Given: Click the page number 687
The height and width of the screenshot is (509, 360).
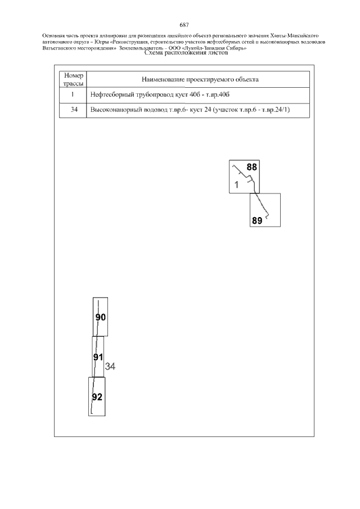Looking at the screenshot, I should click(183, 25).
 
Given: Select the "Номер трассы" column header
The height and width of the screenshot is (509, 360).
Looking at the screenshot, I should click(73, 79).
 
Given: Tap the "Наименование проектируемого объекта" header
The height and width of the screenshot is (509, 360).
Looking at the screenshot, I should click(200, 80).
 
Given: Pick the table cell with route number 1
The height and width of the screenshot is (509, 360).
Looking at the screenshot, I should click(73, 95).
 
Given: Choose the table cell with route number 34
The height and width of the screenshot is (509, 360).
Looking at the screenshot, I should click(73, 110).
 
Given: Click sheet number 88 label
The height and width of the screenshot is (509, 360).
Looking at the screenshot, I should click(252, 167).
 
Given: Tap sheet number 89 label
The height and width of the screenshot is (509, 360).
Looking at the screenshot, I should click(257, 221).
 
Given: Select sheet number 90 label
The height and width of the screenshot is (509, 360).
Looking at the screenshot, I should click(101, 317).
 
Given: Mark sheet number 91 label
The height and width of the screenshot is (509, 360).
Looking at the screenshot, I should click(98, 358).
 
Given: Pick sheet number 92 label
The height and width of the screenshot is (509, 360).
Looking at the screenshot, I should click(97, 397).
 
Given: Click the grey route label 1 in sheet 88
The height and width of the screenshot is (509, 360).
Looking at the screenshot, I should click(237, 184).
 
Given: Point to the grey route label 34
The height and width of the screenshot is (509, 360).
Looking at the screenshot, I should click(110, 367).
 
